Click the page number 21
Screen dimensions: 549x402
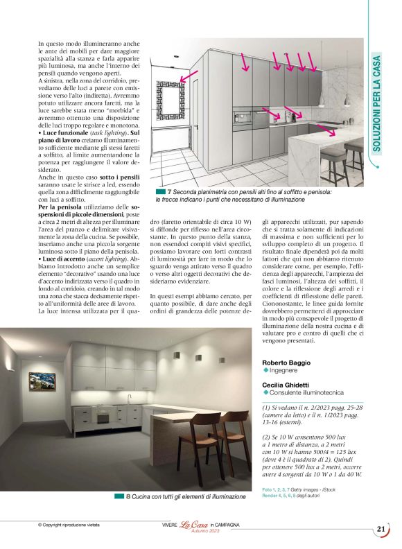click(x=381, y=529)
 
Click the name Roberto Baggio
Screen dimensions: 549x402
click(x=286, y=363)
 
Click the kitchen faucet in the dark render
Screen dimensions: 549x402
click(x=128, y=399)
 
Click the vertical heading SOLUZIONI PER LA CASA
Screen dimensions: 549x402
click(x=377, y=104)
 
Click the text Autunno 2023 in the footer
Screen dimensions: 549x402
click(x=204, y=531)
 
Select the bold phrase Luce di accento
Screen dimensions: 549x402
click(x=69, y=259)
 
